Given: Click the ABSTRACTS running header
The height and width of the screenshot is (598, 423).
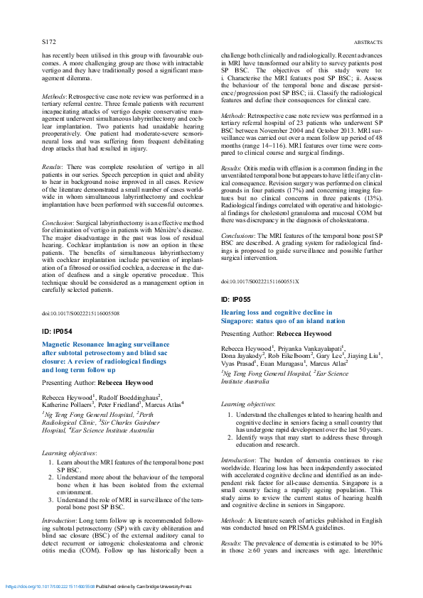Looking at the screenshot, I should (x=368, y=42).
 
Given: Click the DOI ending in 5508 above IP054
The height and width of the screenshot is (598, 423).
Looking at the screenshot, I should (x=80, y=313).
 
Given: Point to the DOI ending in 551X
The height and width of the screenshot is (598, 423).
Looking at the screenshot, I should (x=250, y=282).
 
